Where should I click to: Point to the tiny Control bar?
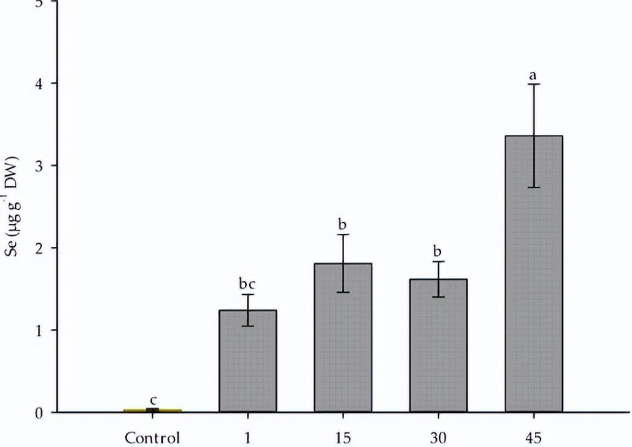[x=152, y=410]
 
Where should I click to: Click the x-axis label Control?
[x=152, y=438]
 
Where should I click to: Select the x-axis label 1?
[x=247, y=438]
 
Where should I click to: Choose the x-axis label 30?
[x=439, y=438]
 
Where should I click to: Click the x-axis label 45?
[x=533, y=438]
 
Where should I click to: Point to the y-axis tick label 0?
[x=39, y=413]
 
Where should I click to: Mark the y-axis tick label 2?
[x=39, y=248]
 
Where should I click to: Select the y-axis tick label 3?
[x=39, y=166]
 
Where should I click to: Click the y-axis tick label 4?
[x=39, y=84]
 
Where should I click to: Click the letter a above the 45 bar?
[x=533, y=76]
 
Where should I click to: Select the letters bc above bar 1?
[x=246, y=284]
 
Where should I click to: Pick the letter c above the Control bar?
[x=153, y=400]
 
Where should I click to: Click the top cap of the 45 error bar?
[x=533, y=84]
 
